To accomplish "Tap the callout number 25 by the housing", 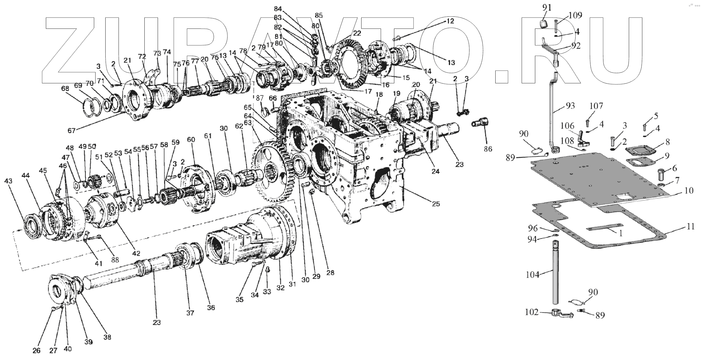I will (x=436, y=204).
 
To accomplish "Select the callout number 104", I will (x=532, y=274).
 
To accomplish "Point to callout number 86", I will (x=488, y=149).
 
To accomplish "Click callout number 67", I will (x=72, y=131).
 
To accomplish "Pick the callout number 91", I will (x=547, y=8).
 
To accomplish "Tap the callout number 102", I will (x=532, y=312).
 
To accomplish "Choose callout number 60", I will (x=191, y=140).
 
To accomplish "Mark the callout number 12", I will (x=450, y=21).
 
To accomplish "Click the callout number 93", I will (x=570, y=106).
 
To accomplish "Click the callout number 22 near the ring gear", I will (x=357, y=33).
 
